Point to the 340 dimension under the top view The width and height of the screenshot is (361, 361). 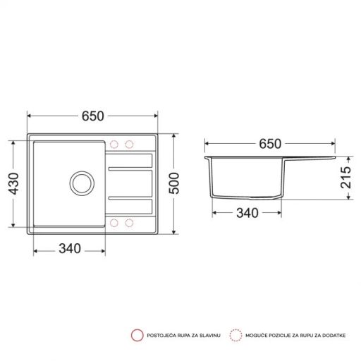click(x=68, y=247)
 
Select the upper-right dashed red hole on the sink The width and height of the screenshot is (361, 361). click(x=129, y=145)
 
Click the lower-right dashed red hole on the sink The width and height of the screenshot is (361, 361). click(x=129, y=223)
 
